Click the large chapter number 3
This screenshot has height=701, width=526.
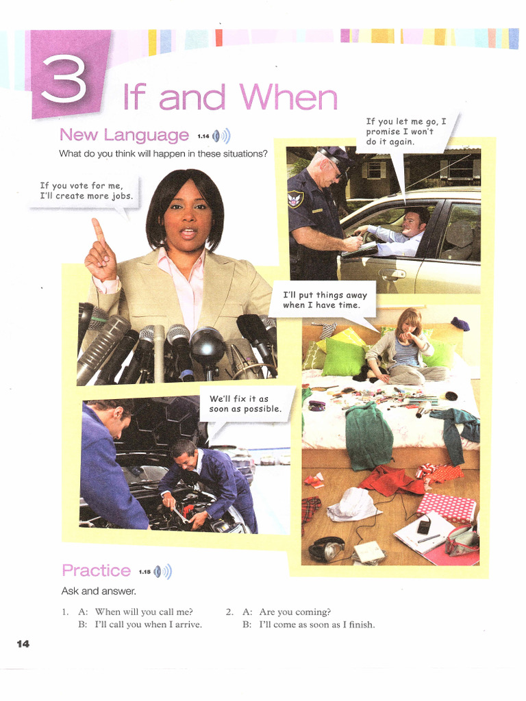[64, 78]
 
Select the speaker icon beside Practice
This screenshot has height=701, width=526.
[162, 572]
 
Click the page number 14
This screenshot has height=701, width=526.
[23, 643]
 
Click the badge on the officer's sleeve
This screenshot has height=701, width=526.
[296, 199]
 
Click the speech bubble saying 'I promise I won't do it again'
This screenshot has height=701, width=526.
[405, 131]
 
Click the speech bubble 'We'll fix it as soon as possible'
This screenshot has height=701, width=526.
[245, 404]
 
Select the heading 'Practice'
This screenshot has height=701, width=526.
[96, 570]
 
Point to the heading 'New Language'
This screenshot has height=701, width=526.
[124, 135]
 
